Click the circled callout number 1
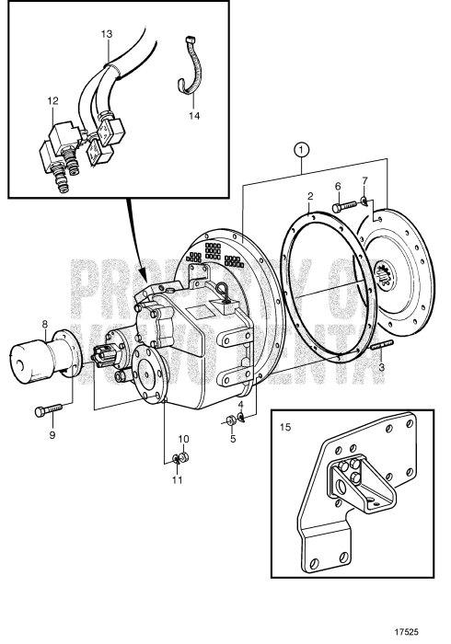[x=300, y=147]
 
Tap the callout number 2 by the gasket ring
[x=311, y=196]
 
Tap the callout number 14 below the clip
[x=193, y=117]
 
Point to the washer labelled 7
[x=366, y=201]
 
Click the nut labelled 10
[x=184, y=456]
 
